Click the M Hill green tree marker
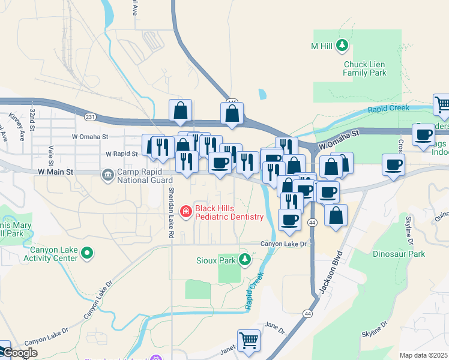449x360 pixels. (x=342, y=46)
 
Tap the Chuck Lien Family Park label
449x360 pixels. (x=364, y=68)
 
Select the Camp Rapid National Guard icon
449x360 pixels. (x=107, y=175)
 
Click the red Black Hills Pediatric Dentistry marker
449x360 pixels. (x=185, y=211)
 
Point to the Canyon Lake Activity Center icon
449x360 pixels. (x=88, y=253)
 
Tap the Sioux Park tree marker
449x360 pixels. (x=244, y=260)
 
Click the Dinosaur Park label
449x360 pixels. (x=399, y=254)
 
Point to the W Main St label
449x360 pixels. (x=55, y=172)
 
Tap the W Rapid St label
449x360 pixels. (x=122, y=154)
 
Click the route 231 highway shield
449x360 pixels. (x=90, y=117)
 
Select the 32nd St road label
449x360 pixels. (x=34, y=119)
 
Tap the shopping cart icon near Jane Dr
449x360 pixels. (x=249, y=341)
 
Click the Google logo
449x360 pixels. (x=19, y=353)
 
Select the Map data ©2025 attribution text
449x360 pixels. (x=423, y=355)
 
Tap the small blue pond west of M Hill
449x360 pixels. (x=262, y=94)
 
